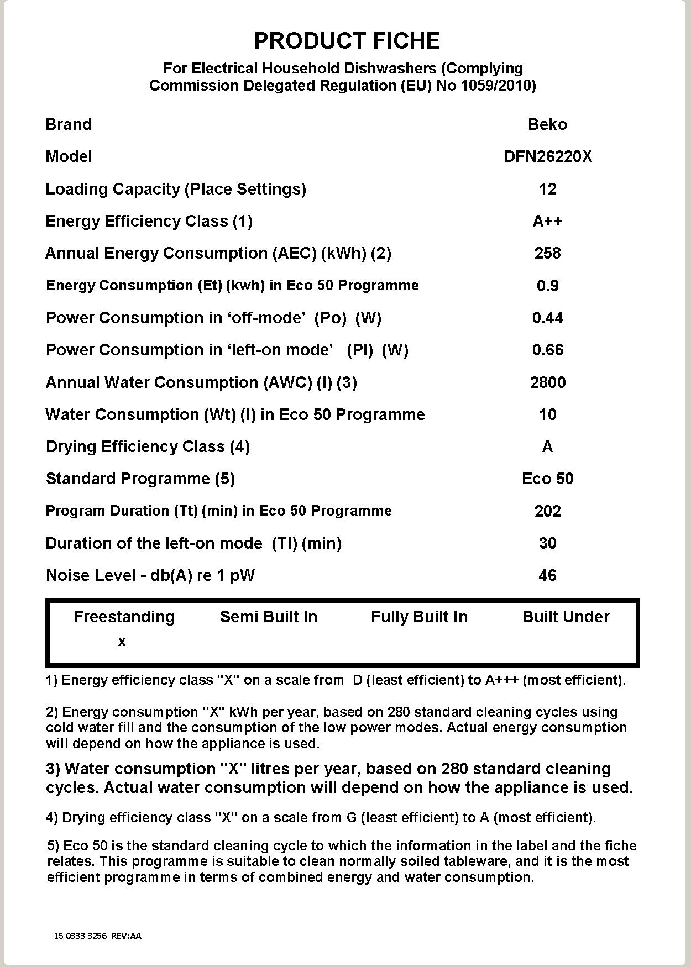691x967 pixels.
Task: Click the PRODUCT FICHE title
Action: (x=347, y=41)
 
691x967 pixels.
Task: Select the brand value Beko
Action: (x=547, y=124)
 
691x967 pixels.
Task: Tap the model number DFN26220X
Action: (x=547, y=156)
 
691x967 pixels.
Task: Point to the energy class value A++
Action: (x=547, y=221)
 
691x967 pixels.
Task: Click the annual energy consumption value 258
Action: (x=547, y=253)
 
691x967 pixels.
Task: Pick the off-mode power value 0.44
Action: (x=547, y=318)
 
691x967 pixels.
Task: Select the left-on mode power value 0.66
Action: (x=547, y=350)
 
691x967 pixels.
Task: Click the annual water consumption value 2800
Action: (x=547, y=382)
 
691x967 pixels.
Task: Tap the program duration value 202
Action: (x=547, y=511)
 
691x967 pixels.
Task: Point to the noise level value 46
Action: (x=547, y=575)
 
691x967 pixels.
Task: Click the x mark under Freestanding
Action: (x=122, y=642)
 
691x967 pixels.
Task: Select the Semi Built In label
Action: (x=269, y=617)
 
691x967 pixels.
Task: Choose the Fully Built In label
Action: (x=419, y=617)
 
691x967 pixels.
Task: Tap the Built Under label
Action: (x=566, y=617)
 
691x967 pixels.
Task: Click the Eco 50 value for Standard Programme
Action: (x=547, y=479)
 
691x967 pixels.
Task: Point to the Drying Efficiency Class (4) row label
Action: (x=148, y=446)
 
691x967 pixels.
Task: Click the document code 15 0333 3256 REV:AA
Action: (x=98, y=936)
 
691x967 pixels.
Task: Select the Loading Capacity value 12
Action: (x=547, y=189)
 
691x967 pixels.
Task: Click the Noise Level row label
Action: (x=150, y=575)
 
